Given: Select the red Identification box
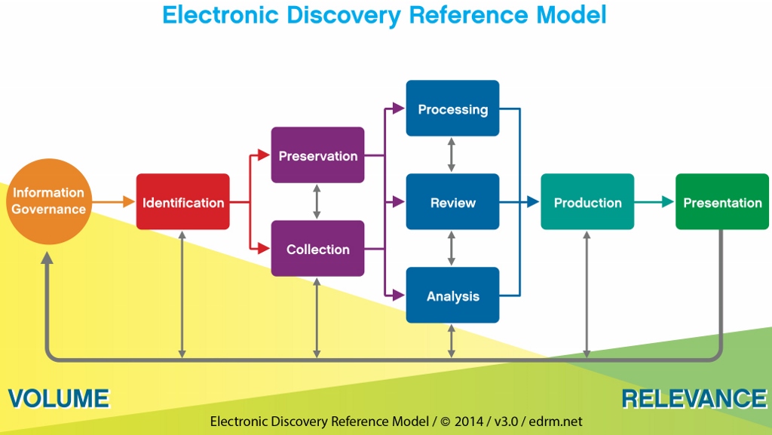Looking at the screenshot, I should coord(183,202).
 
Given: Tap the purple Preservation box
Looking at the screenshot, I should coord(317,155).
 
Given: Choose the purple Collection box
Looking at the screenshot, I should coord(317,249).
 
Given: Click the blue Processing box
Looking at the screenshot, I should coord(452,109).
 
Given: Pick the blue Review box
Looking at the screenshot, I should coord(452,202).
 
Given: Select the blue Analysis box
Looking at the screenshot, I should coord(452,296).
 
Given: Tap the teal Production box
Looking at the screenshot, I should coord(587,202).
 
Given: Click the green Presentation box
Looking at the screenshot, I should coord(722,202).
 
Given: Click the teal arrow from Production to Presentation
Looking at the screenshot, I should coord(654,202).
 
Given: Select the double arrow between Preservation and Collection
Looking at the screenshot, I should coord(317,202).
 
